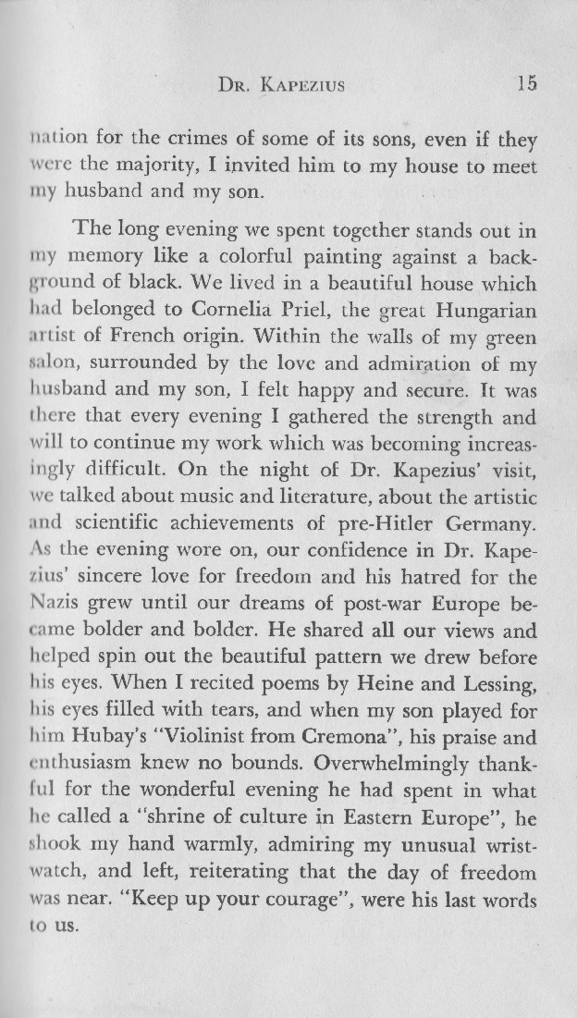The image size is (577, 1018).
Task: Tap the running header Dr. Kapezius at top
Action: click(278, 85)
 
